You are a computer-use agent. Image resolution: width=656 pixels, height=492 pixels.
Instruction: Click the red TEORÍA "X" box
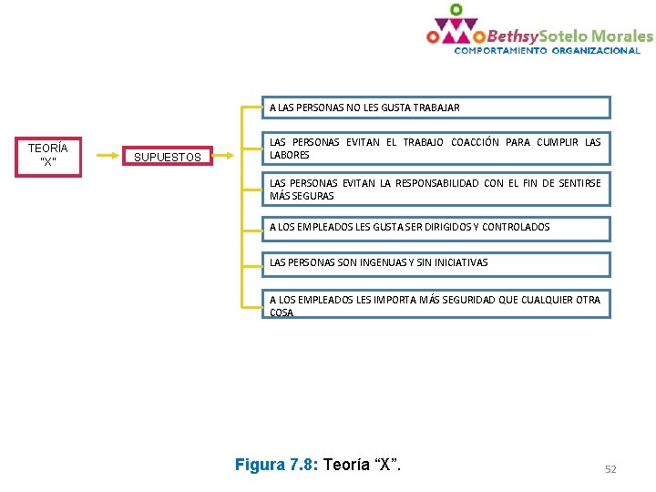pos(47,154)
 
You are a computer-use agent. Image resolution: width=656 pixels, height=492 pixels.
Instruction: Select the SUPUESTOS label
pos(167,158)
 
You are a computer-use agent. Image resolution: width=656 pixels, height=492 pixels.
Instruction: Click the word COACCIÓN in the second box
pos(475,142)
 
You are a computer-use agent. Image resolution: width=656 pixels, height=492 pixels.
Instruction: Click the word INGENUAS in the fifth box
pos(387,262)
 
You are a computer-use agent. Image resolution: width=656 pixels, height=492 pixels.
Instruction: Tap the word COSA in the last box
pos(282,313)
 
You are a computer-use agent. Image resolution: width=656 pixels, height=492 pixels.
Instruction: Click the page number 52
pos(610,469)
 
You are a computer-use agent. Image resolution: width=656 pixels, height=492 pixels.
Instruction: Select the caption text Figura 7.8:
pos(275,465)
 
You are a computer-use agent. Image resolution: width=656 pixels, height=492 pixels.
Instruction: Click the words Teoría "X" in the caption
pos(362,465)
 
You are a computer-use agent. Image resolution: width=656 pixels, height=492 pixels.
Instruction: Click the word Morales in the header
pos(622,36)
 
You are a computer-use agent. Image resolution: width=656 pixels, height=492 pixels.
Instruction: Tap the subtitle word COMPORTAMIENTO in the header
pos(500,51)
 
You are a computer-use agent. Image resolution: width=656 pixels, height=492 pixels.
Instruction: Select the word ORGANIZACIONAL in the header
pos(595,51)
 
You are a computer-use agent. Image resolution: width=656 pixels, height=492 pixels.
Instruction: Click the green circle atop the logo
pos(456,9)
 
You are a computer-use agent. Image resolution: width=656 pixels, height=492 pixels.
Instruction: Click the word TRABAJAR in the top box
pos(436,108)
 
